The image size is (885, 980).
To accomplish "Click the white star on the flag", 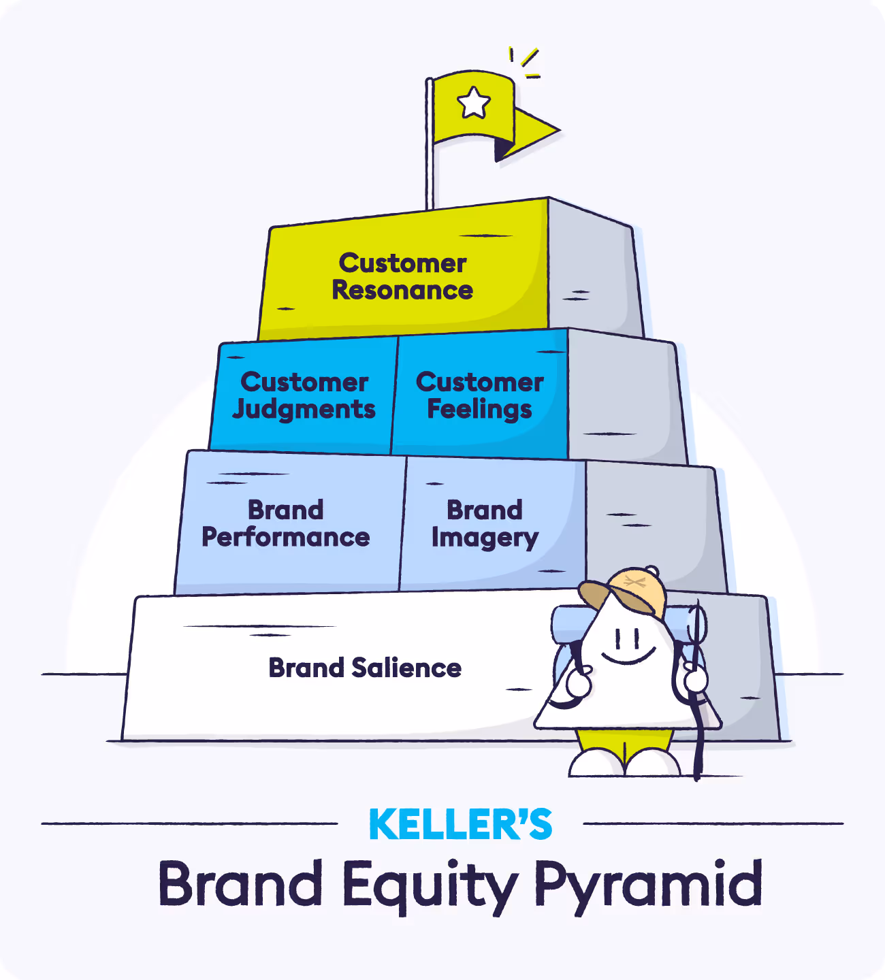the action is pyautogui.click(x=474, y=103).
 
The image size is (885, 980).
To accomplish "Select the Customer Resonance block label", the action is pyautogui.click(x=403, y=277).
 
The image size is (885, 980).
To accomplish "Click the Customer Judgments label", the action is pyautogui.click(x=304, y=396).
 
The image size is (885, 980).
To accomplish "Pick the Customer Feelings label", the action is pyautogui.click(x=480, y=396).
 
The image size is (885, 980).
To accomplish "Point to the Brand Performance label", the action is pyautogui.click(x=286, y=524).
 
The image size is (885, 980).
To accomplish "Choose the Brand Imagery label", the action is pyautogui.click(x=485, y=524).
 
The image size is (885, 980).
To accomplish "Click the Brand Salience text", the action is pyautogui.click(x=366, y=668).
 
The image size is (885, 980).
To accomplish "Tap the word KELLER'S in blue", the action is pyautogui.click(x=460, y=825).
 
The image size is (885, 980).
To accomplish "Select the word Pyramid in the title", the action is pyautogui.click(x=647, y=885).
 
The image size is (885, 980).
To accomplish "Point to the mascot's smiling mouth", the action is pyautogui.click(x=628, y=658).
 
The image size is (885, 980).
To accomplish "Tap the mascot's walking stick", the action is pyautogui.click(x=696, y=721).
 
